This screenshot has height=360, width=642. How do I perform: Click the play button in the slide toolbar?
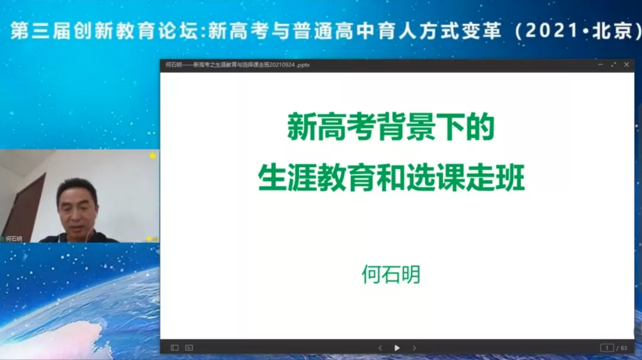click(x=396, y=348)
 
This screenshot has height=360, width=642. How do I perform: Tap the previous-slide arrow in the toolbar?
click(x=380, y=348)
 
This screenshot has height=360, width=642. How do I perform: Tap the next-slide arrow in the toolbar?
click(x=414, y=348)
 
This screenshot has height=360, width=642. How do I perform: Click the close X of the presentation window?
click(x=627, y=65)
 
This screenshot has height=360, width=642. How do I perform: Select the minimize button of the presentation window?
click(x=600, y=65)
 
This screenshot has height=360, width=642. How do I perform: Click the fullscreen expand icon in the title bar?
click(x=613, y=65)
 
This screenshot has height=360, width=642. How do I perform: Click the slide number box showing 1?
click(x=607, y=348)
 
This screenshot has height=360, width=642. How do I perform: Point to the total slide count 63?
click(x=624, y=348)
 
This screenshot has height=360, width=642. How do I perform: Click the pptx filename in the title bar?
click(x=237, y=65)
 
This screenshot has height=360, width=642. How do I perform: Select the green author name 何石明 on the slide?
click(x=391, y=274)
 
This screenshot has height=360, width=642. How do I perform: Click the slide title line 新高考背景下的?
click(x=391, y=127)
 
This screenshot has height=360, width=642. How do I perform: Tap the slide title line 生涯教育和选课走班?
click(x=391, y=178)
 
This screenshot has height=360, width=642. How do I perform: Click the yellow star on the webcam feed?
click(x=152, y=156)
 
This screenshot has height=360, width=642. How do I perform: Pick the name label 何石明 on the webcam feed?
click(x=14, y=238)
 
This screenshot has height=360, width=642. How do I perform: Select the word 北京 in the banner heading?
click(x=612, y=31)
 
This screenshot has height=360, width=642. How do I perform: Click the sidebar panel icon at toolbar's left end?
click(x=174, y=348)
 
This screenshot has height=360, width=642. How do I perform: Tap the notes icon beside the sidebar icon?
click(x=189, y=348)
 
